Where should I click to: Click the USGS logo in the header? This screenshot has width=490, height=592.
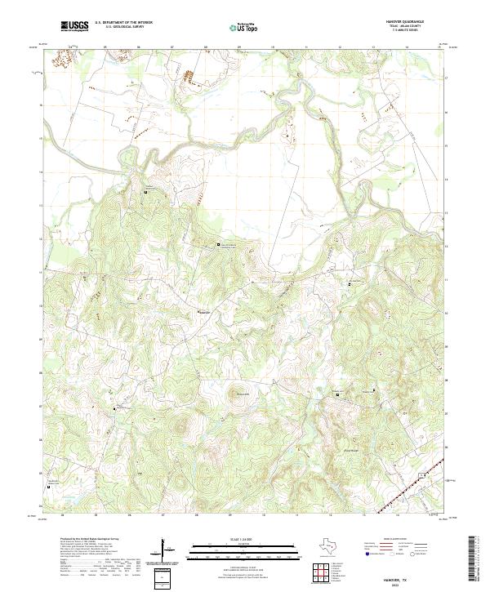(75, 27)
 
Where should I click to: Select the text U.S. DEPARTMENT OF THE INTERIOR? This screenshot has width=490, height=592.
(123, 23)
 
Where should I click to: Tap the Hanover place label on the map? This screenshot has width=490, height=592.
(205, 311)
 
